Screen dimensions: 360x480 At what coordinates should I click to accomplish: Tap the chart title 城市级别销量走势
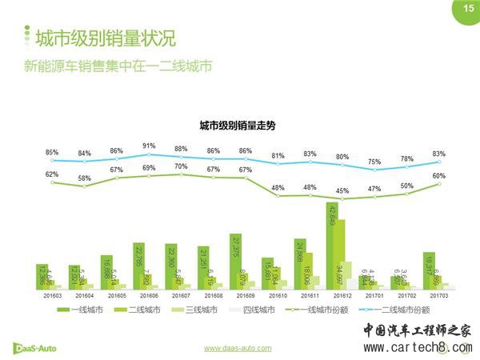(237, 126)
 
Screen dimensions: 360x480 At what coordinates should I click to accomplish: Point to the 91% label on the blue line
(149, 146)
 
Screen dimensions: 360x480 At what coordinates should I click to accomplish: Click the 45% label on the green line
(342, 190)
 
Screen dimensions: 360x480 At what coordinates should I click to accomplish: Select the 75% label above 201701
(374, 162)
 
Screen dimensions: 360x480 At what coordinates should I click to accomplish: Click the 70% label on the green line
(181, 166)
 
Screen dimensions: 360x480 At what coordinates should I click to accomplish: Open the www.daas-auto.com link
(238, 349)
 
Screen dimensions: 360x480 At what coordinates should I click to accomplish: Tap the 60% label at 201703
(439, 175)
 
